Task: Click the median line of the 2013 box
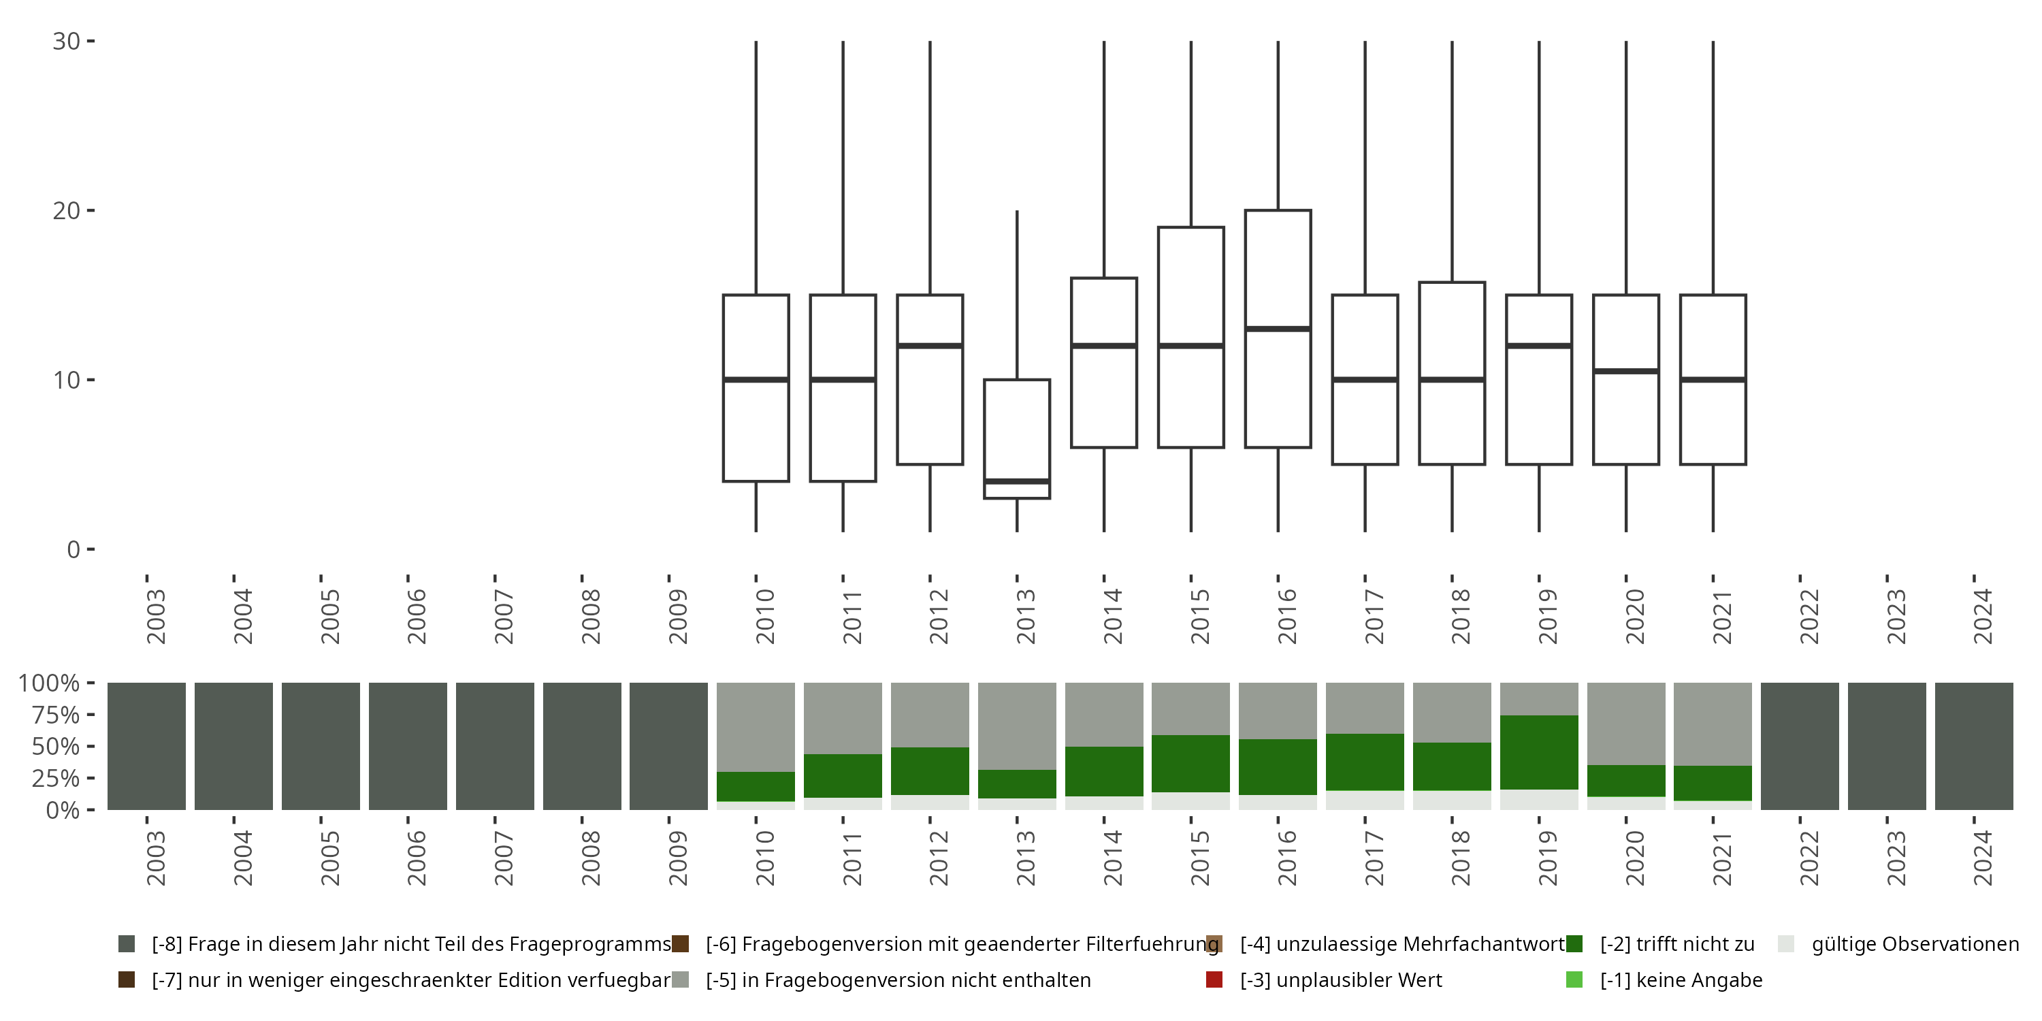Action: coord(1017,481)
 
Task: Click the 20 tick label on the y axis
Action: coord(67,211)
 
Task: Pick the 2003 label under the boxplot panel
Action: coord(155,617)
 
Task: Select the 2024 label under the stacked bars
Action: coord(1981,858)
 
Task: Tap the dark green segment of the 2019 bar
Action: coord(1538,752)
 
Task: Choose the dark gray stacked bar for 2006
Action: coord(408,746)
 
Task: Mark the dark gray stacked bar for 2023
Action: coord(1887,746)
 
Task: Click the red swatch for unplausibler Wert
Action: coord(1214,979)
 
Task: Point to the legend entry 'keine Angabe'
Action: coord(1681,979)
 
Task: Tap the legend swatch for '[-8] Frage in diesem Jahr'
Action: coord(126,944)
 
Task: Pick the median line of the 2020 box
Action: coord(1626,371)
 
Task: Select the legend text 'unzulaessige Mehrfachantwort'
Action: coord(1402,944)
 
